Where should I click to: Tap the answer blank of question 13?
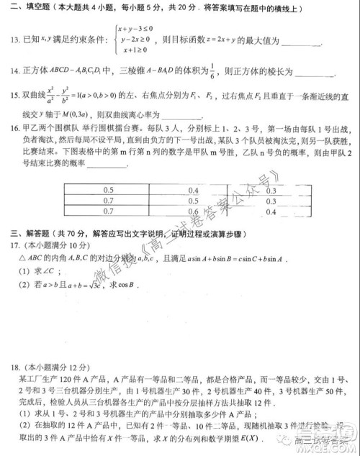pos(296,43)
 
